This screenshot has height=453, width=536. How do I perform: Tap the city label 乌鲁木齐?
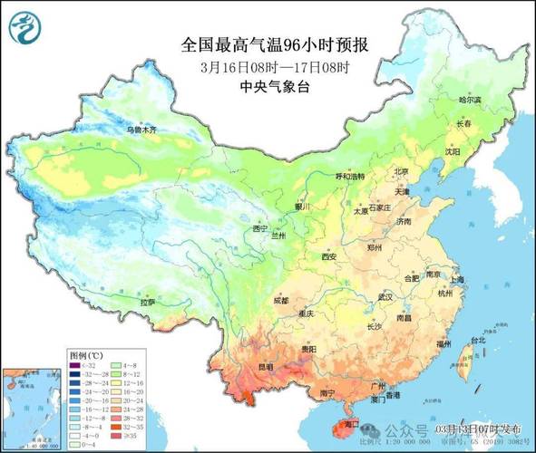coord(141,130)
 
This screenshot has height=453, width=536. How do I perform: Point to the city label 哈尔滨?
coord(469,100)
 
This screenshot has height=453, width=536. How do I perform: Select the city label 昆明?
coord(266,366)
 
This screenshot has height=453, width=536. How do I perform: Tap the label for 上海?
coord(455,280)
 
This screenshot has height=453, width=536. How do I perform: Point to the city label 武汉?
coord(385,297)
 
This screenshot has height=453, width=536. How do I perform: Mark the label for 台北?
coord(469,342)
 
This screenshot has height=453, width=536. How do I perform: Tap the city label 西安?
coord(328,257)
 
